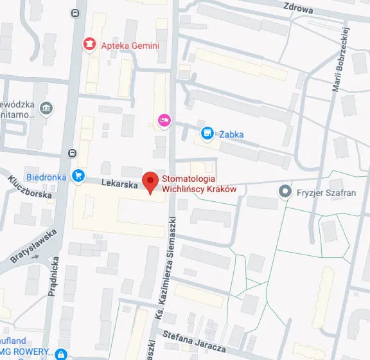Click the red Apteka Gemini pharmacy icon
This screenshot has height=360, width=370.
pos(89,44)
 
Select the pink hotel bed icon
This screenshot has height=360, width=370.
pos(164,120)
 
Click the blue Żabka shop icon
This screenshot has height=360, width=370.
pos(206,134)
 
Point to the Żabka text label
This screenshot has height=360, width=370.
pos(231,134)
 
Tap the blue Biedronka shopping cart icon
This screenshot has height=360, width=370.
pos(78,175)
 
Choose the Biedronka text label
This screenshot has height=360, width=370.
pos(47,176)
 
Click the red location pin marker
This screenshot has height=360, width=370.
pos(150,181)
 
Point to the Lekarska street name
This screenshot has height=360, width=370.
pos(119,184)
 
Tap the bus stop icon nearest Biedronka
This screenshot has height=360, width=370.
pos(72,154)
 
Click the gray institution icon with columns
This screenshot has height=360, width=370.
pos(46,108)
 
